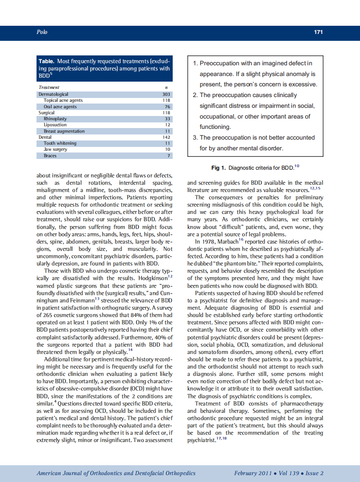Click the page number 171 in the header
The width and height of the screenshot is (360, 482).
(318, 32)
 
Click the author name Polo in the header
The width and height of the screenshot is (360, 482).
(42, 32)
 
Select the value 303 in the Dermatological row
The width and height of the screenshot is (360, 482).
(166, 94)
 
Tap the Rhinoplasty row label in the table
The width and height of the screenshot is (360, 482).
(55, 119)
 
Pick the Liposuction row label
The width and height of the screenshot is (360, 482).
(55, 125)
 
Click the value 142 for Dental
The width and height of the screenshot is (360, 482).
(166, 137)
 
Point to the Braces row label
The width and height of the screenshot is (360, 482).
(50, 156)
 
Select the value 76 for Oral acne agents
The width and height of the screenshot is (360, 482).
(168, 107)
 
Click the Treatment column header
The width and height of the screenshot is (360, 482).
(49, 87)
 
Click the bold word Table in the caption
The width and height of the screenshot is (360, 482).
(46, 61)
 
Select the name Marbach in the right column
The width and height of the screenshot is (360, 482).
(228, 242)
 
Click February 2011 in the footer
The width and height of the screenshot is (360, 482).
(253, 473)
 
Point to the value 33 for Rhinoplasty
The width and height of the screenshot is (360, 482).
(168, 119)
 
